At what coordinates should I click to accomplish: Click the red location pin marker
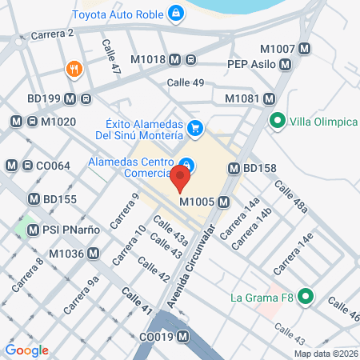point(182,177)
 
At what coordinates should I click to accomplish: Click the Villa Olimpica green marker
point(278,122)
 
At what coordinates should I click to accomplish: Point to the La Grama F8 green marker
point(305,298)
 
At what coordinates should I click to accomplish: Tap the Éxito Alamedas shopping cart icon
point(194,127)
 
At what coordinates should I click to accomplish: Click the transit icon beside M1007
point(304,48)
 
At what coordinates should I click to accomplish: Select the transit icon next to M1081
point(270,98)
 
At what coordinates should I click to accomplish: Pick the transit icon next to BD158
point(234,169)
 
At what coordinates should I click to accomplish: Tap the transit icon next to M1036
point(94,254)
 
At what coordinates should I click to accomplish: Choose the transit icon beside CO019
point(184,337)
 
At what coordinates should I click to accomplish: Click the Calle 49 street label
point(186,82)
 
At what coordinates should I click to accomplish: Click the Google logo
point(27,350)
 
